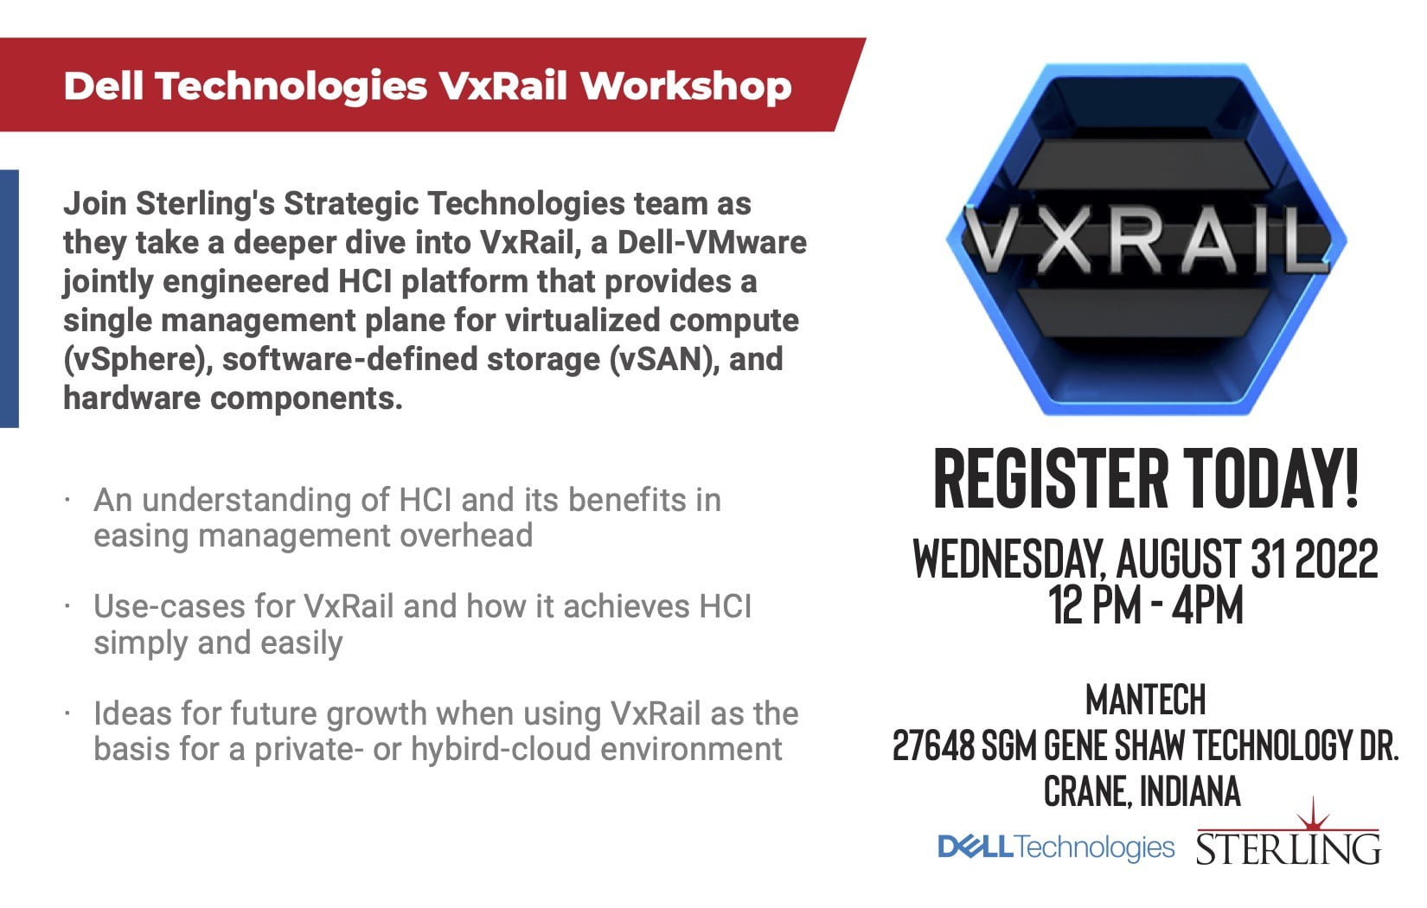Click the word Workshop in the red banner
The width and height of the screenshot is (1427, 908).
686,86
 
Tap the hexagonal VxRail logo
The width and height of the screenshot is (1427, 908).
1146,240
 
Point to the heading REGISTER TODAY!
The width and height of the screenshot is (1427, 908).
1146,478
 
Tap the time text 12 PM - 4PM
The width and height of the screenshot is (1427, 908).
1145,604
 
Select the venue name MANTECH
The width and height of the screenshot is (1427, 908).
1145,699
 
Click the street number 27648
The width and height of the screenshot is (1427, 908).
933,745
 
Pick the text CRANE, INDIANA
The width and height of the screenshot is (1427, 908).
1142,791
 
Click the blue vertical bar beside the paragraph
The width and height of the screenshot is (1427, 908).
9,298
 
